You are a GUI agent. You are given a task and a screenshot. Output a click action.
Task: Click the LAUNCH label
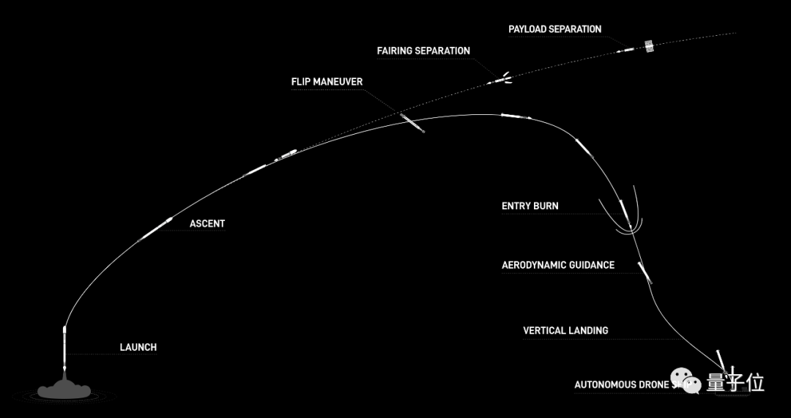click(x=138, y=347)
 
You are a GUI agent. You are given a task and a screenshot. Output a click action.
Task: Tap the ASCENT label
click(x=207, y=223)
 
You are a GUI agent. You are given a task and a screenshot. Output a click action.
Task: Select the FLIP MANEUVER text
click(x=327, y=81)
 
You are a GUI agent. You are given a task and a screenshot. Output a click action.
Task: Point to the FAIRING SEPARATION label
click(x=423, y=51)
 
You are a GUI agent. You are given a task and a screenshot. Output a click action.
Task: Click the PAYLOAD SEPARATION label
click(x=554, y=29)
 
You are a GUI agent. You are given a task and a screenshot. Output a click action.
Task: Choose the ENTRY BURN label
click(x=530, y=206)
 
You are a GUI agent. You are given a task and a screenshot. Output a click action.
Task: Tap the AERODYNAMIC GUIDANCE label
click(x=557, y=265)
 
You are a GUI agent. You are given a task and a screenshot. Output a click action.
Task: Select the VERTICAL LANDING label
click(x=565, y=330)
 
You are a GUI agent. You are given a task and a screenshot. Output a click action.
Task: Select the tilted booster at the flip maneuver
click(x=412, y=122)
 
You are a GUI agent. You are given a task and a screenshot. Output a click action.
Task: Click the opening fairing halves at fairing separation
click(x=504, y=78)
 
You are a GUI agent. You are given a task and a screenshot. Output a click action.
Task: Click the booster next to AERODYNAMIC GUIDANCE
click(x=645, y=272)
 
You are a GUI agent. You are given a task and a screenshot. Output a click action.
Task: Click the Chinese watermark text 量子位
click(x=735, y=383)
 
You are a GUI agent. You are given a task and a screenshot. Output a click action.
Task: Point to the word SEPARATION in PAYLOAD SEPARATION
click(x=576, y=29)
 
